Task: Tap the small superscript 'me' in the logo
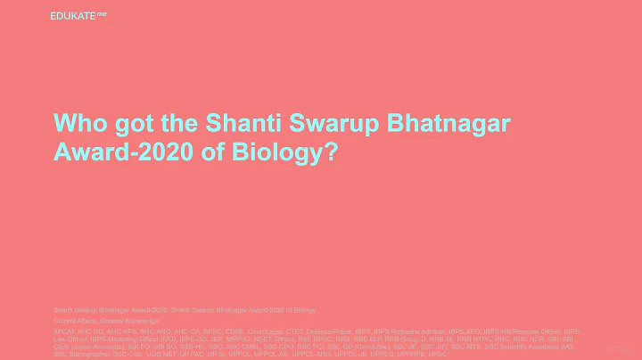[101, 12]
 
